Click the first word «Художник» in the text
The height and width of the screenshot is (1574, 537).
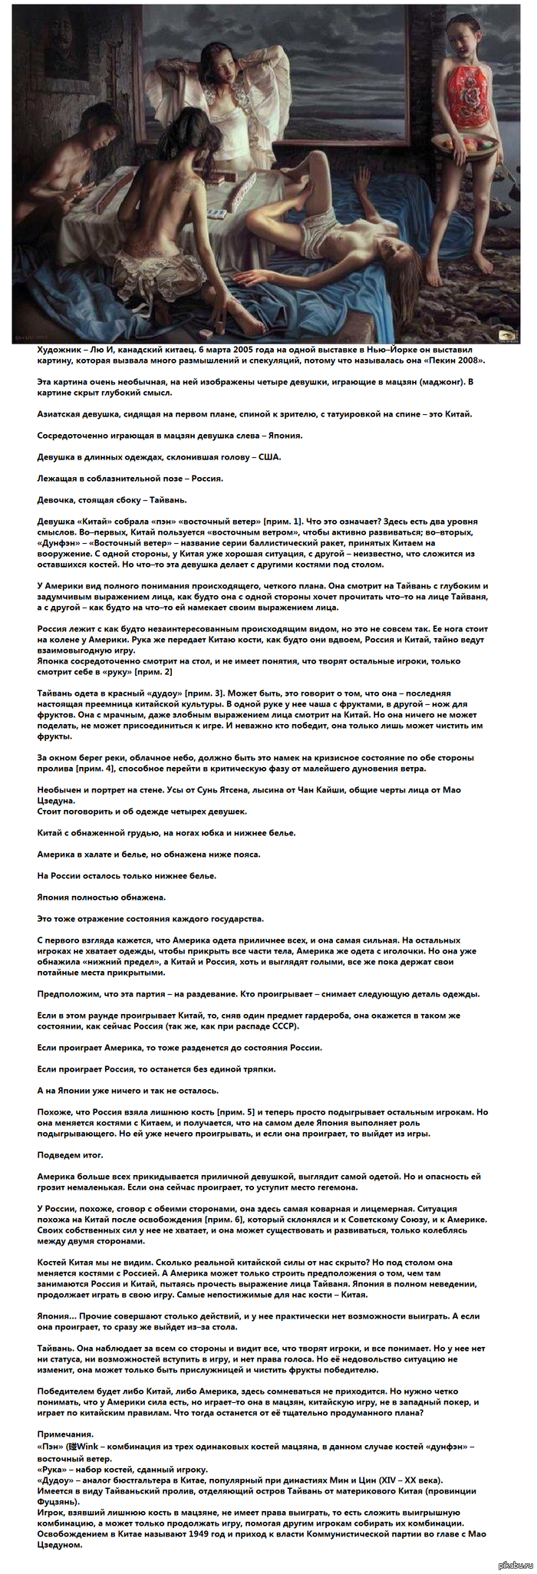click(61, 347)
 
